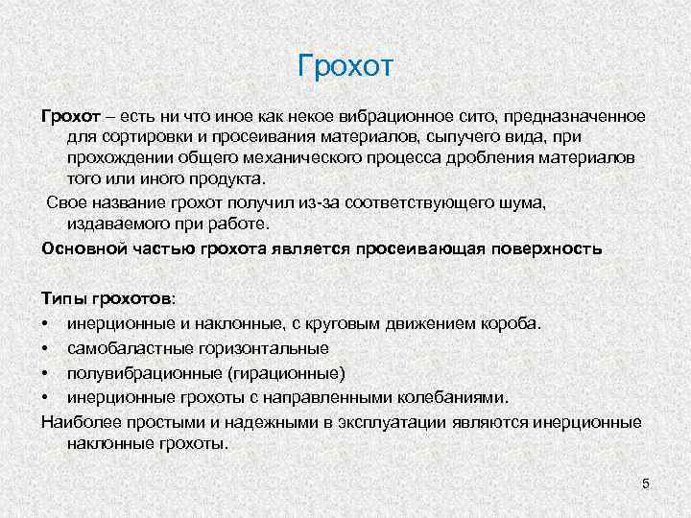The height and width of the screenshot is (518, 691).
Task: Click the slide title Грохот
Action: point(346,68)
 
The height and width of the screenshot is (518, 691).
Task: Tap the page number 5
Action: point(646,483)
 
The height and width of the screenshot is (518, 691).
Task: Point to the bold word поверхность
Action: point(544,247)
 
